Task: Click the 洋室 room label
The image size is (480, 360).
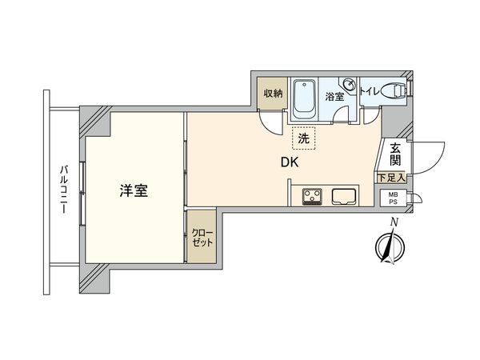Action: [x=134, y=191]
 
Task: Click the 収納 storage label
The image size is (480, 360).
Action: [x=273, y=94]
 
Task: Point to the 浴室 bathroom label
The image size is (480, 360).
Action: [x=334, y=97]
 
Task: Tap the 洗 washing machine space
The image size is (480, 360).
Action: [x=303, y=138]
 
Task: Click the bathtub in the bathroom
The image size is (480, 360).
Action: [x=304, y=100]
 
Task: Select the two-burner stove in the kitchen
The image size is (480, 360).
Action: [x=312, y=196]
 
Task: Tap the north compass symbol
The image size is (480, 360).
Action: [x=386, y=247]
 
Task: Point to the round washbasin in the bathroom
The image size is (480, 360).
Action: [x=349, y=85]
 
